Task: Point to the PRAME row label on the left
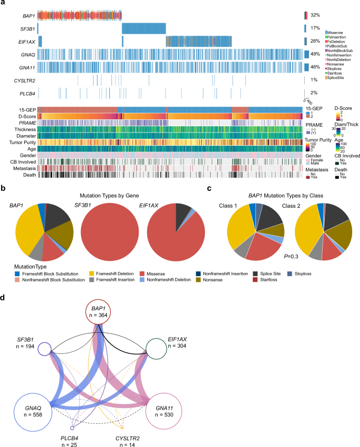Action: point(27,123)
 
